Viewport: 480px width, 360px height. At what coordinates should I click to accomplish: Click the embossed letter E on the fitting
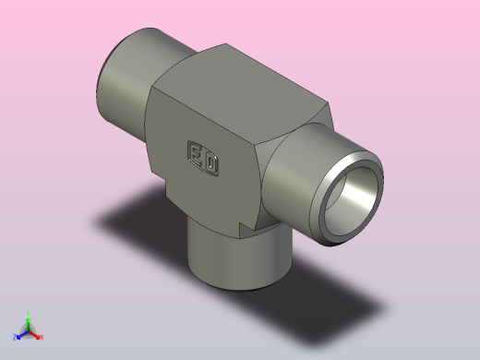pyautogui.click(x=197, y=153)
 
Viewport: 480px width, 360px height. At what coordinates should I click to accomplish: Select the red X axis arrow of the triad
pyautogui.click(x=36, y=335)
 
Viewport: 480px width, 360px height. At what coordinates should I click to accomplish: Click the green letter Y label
pyautogui.click(x=29, y=313)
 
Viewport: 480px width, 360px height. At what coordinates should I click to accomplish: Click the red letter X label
pyautogui.click(x=42, y=337)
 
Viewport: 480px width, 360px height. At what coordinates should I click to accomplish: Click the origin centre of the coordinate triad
pyautogui.click(x=29, y=331)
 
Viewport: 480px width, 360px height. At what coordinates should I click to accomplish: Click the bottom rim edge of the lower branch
pyautogui.click(x=235, y=288)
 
